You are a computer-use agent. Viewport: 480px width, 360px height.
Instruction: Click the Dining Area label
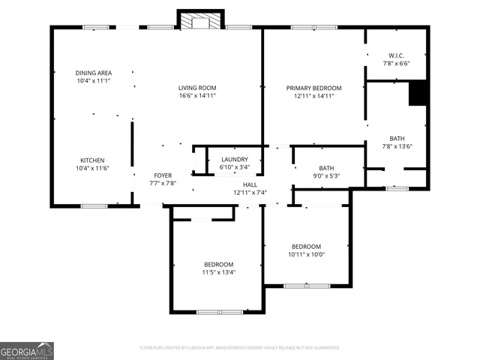point(93,73)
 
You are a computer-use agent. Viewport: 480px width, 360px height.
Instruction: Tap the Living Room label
point(197,88)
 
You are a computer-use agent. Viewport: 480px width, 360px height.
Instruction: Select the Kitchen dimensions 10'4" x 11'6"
point(93,169)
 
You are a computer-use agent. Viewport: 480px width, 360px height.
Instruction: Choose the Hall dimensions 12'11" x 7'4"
point(250,193)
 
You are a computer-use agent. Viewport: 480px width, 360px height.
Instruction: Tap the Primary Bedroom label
point(313,88)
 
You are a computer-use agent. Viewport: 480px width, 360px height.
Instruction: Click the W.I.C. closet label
point(397,56)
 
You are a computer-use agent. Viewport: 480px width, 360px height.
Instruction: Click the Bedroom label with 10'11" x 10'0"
point(306,247)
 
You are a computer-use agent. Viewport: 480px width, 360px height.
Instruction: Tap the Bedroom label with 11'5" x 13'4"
point(218,264)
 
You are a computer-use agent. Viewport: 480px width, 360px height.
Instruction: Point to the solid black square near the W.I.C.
point(418,94)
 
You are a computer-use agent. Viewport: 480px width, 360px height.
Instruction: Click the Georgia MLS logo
point(27,350)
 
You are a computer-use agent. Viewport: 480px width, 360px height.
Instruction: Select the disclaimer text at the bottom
point(239,348)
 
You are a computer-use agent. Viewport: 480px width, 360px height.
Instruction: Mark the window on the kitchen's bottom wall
point(94,205)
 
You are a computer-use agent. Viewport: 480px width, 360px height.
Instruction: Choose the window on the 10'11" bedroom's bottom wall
point(307,286)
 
